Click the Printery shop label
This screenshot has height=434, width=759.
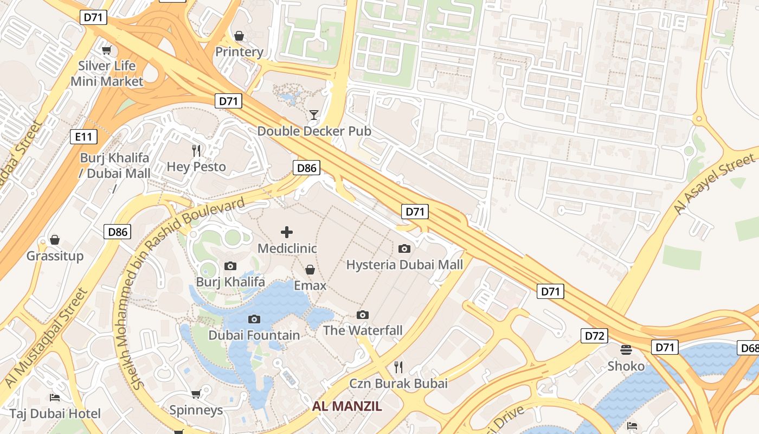(x=239, y=52)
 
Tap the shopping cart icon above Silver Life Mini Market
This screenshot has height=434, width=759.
(x=107, y=50)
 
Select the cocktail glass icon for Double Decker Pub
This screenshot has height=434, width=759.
(x=313, y=114)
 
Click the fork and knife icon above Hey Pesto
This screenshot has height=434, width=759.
(x=196, y=150)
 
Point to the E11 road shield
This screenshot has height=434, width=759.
(x=83, y=137)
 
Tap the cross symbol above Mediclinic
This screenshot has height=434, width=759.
(x=287, y=233)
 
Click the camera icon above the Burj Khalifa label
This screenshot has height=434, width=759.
(x=230, y=266)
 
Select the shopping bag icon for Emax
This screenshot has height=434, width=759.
(x=310, y=270)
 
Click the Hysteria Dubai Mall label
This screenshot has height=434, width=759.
(x=404, y=265)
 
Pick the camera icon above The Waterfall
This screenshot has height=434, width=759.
(x=363, y=315)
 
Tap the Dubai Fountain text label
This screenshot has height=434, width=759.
(x=254, y=335)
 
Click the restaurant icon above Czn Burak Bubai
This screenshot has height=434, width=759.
(x=398, y=367)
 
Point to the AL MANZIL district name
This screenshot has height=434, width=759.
(x=347, y=406)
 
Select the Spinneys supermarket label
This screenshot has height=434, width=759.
(x=196, y=410)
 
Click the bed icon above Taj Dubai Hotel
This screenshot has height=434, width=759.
(x=55, y=398)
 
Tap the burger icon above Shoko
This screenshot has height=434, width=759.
(x=626, y=349)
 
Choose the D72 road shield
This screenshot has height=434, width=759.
(x=594, y=336)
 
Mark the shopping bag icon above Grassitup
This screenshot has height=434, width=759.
(x=55, y=240)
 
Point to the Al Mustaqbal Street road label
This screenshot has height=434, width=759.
(x=46, y=337)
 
